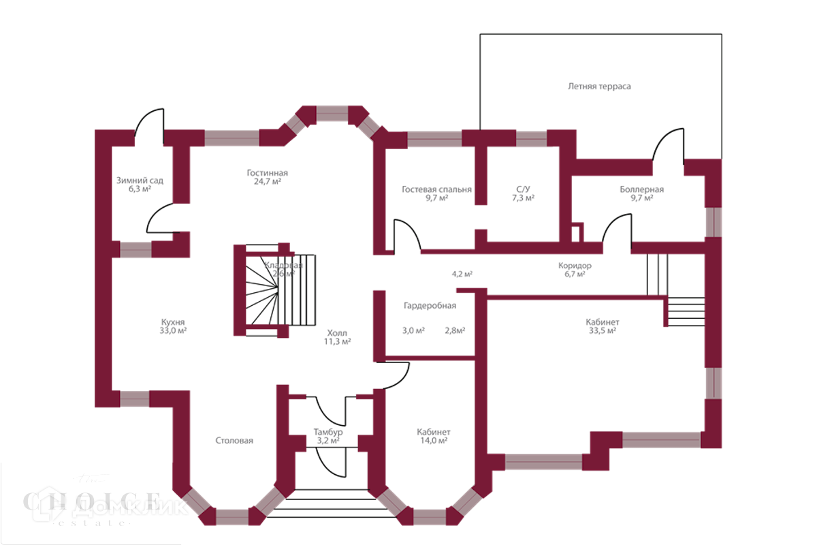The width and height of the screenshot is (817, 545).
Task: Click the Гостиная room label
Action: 268,173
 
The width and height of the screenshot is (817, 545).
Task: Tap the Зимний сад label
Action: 140,181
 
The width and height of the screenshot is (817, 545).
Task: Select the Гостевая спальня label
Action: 436,190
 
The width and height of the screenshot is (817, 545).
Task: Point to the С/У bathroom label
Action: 523,189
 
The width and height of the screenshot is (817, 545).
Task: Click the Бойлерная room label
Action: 641,189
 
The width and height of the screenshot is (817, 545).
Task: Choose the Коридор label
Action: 574,266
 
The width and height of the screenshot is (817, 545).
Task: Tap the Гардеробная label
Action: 429,306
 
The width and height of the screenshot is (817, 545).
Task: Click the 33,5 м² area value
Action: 602,332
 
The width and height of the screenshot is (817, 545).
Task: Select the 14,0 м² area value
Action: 434,441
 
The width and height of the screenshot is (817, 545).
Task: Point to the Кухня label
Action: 173,322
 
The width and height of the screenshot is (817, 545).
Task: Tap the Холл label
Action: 337,333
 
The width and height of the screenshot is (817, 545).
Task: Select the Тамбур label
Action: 328,432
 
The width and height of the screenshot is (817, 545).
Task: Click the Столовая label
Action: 234,441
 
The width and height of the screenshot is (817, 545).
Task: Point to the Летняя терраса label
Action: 599,87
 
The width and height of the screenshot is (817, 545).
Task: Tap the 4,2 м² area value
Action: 462,274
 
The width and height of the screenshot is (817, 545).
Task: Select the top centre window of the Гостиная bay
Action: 332,113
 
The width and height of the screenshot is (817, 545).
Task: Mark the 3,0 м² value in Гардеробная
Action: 413,331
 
